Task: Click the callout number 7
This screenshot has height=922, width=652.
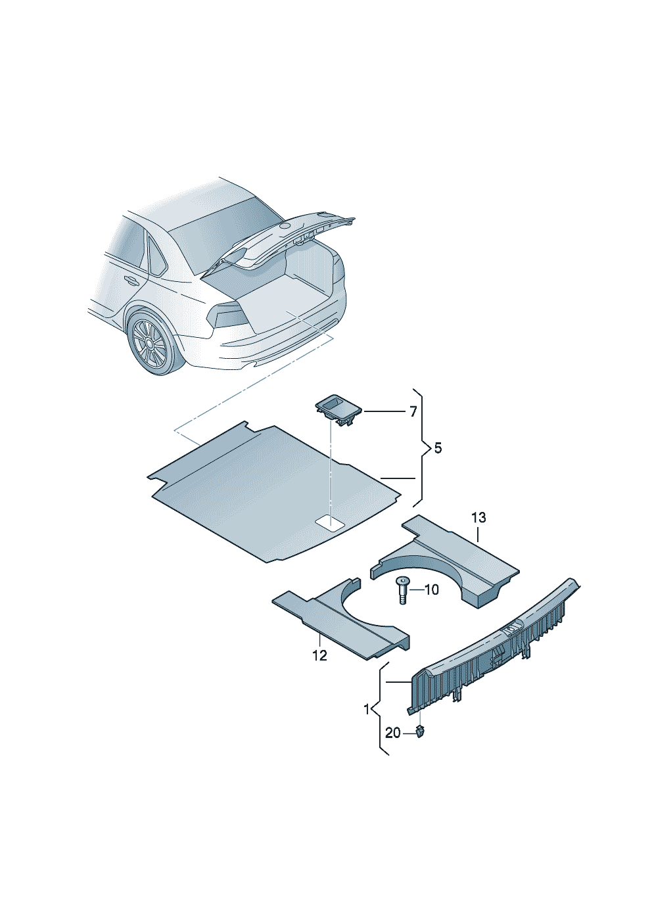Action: [x=413, y=411]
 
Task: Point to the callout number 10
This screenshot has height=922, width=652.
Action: [x=431, y=590]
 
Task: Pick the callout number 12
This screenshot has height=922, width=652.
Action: [x=319, y=655]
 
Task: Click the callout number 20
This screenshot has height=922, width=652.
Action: [x=392, y=733]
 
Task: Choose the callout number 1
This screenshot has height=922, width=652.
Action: [x=367, y=709]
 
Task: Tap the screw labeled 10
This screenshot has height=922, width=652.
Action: [x=402, y=590]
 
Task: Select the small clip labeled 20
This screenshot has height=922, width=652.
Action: [x=420, y=732]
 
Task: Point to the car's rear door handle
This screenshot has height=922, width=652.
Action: [x=131, y=281]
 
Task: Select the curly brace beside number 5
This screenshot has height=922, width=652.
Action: [x=421, y=448]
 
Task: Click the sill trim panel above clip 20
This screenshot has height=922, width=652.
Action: [x=494, y=646]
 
